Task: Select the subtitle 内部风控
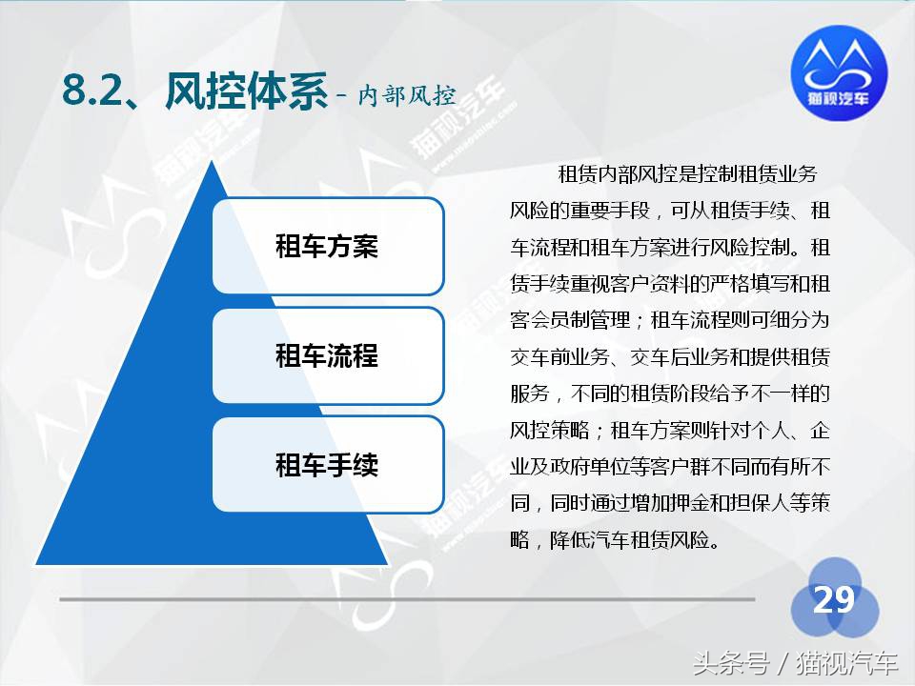click(407, 95)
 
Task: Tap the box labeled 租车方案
click(327, 246)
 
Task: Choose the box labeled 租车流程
click(327, 355)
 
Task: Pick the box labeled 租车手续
click(327, 464)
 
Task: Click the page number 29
click(833, 600)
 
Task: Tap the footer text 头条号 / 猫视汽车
click(796, 662)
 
